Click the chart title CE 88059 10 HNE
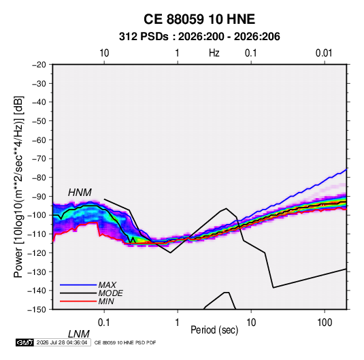point(199,19)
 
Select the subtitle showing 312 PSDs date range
point(199,37)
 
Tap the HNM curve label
point(80,193)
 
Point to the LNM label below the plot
point(78,334)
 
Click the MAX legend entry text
point(107,285)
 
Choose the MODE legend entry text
point(110,293)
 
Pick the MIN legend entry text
point(106,301)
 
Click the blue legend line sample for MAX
point(78,285)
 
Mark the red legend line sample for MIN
point(78,301)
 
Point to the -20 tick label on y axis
point(39,65)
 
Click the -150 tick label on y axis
point(37,310)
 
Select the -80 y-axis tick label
point(39,178)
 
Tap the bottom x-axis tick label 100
point(325,323)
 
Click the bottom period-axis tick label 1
point(178,323)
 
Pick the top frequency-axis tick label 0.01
point(324,53)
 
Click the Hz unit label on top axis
point(214,53)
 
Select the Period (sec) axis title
point(214,330)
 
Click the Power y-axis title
point(18,187)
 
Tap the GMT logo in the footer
point(24,342)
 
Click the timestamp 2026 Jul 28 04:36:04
point(62,342)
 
